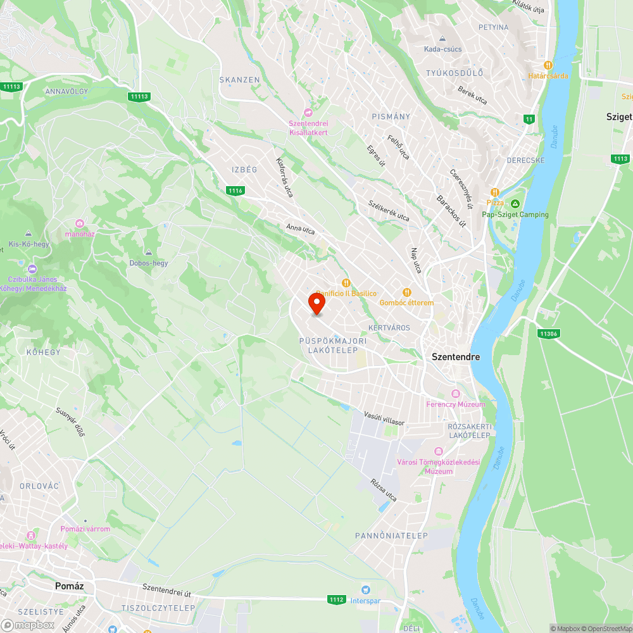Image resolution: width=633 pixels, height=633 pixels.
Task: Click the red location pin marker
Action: tap(316, 303)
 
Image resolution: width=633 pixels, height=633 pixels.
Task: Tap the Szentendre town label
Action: tap(456, 357)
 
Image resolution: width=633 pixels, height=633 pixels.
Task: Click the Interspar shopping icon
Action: tap(365, 589)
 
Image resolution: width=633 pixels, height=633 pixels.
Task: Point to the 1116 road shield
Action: tap(235, 191)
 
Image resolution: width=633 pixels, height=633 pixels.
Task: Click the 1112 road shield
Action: tap(337, 599)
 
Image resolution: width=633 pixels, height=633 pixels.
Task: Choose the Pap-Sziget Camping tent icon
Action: tap(515, 204)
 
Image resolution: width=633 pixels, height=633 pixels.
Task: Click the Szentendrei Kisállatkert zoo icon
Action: tap(308, 112)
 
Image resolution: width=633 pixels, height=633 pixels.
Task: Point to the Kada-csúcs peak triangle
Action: tap(443, 38)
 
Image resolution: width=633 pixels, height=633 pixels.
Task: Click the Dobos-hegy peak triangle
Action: tap(149, 252)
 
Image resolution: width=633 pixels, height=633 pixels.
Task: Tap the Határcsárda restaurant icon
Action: tap(548, 65)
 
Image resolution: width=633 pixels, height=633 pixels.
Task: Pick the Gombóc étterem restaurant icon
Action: tap(406, 292)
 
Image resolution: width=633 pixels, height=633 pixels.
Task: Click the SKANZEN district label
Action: tap(239, 80)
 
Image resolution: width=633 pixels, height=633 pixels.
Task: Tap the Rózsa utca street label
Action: tap(384, 489)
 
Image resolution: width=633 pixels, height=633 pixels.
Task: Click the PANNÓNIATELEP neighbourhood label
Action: tap(391, 536)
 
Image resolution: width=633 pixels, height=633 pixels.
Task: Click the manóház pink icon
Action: tap(80, 223)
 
